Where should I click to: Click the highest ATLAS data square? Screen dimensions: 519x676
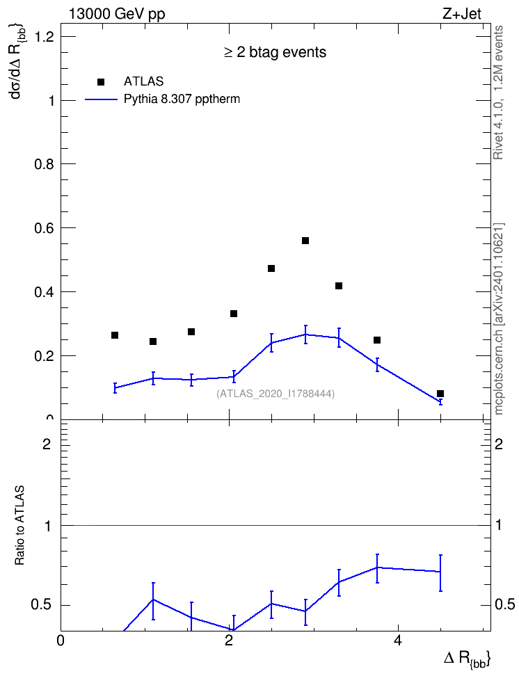pos(305,241)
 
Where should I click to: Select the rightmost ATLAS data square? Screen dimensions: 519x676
pos(440,394)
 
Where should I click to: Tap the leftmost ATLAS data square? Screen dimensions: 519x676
pos(115,335)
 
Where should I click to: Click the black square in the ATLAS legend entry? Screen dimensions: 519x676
pos(101,82)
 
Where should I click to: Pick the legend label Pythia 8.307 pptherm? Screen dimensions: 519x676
pos(182,99)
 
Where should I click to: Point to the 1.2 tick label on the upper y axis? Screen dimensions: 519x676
pos(45,37)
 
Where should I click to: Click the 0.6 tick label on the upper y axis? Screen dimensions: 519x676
pos(45,227)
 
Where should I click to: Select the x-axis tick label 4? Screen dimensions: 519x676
pos(398,641)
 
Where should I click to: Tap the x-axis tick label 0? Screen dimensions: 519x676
pos(61,641)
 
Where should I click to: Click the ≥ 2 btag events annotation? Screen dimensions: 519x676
pos(276,52)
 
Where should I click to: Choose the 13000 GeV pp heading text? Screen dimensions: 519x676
pos(117,15)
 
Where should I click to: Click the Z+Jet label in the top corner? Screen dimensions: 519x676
pos(462,14)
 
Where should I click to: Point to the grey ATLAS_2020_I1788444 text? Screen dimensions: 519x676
pos(276,393)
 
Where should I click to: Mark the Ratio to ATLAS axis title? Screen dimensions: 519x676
pos(19,525)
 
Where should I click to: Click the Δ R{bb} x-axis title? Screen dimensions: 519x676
pos(468,659)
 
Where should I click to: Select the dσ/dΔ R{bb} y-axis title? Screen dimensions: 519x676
pos(17,63)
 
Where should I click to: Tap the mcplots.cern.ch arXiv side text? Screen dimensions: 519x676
pos(499,319)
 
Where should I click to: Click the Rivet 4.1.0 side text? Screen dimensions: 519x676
pos(499,92)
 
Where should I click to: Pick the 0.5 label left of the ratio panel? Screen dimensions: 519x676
pos(42,605)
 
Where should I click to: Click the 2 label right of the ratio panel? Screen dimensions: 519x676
pos(499,444)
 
